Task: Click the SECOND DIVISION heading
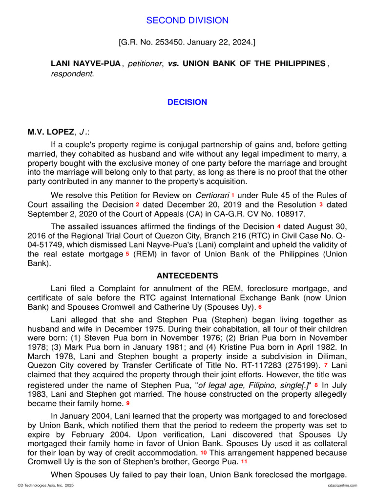(187, 21)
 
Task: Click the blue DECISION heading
(187, 102)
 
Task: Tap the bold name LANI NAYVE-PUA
(86, 64)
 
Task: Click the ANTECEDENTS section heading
(187, 276)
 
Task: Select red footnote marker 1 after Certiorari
(233, 195)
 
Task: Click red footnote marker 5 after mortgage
(127, 254)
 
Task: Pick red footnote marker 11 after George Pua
(244, 461)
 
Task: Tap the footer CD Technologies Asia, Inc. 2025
(45, 485)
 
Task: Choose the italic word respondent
(72, 74)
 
